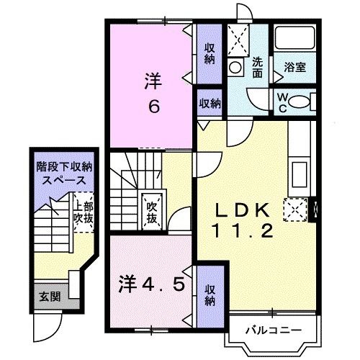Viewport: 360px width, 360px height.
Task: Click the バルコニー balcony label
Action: (271, 330)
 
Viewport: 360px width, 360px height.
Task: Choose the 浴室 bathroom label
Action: (295, 68)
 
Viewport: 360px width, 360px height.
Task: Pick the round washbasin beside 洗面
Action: (236, 68)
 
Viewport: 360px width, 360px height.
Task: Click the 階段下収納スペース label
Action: (65, 172)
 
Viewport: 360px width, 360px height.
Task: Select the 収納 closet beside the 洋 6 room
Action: (209, 55)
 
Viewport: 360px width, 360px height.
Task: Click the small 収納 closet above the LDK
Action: (210, 103)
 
